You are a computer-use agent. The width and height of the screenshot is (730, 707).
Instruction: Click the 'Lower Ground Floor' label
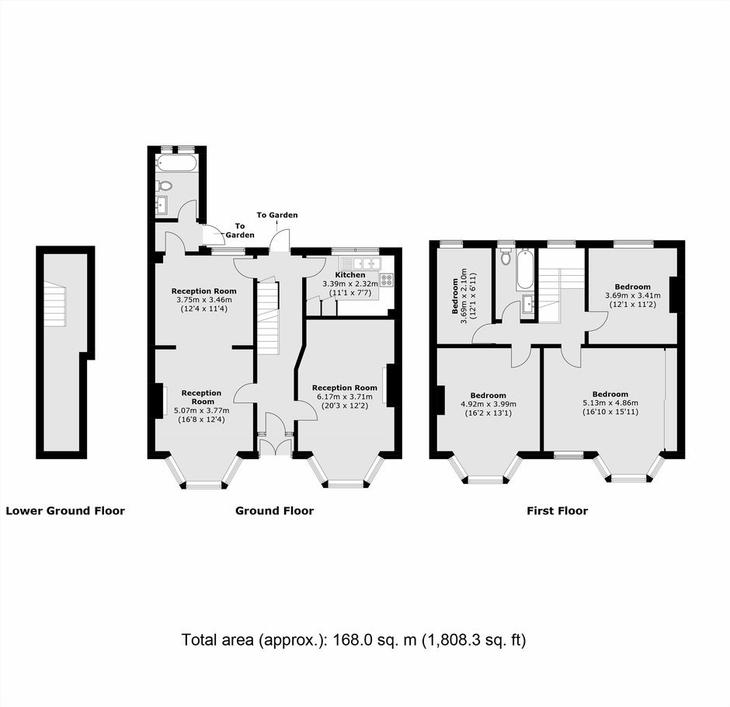[65, 511]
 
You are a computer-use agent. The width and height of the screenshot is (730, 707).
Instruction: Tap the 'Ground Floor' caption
[274, 511]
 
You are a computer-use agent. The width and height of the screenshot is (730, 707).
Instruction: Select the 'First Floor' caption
[558, 511]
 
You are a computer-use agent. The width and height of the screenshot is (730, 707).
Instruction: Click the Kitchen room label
[350, 275]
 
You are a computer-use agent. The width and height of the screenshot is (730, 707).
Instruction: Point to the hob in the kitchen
[387, 280]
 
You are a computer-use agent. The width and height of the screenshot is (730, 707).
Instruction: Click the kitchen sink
[360, 263]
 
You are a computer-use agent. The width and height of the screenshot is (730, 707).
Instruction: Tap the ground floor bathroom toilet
[164, 186]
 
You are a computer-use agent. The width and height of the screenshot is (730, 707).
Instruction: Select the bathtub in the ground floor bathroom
[176, 162]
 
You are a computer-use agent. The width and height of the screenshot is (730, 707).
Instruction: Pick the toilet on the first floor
[505, 256]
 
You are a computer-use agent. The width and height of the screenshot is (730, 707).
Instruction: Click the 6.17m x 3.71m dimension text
[345, 397]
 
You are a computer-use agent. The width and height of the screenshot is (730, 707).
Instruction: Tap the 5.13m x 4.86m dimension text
[610, 403]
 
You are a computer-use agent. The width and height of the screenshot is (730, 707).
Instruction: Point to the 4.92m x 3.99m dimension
[488, 404]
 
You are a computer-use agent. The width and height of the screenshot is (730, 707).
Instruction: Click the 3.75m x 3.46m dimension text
[204, 300]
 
